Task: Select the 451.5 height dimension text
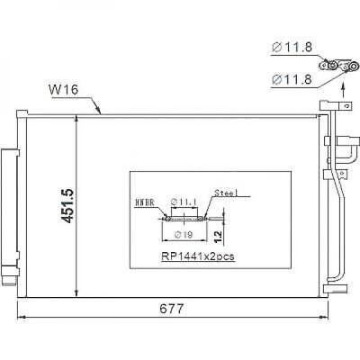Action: tap(66, 206)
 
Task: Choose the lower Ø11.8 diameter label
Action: tap(290, 80)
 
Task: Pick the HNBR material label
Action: tap(144, 203)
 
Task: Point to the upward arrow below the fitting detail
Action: tap(342, 86)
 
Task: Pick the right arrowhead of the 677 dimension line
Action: tap(343, 318)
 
